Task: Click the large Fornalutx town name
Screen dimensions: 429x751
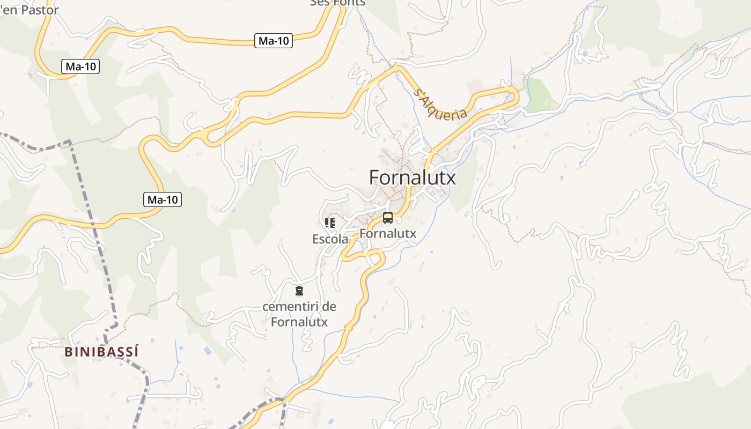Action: (413, 177)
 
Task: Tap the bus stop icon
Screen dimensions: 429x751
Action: (387, 218)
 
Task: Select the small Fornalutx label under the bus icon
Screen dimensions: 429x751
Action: (387, 234)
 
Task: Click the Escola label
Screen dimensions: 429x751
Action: (330, 239)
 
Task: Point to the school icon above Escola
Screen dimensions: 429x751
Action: (330, 223)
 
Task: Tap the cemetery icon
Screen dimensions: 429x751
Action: (299, 291)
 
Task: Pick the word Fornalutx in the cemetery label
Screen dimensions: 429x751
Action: (299, 322)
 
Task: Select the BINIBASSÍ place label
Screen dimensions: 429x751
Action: (101, 352)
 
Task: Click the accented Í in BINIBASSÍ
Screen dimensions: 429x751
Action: (136, 352)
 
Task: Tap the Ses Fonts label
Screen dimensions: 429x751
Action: (338, 3)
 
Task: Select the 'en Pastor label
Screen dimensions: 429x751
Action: (30, 10)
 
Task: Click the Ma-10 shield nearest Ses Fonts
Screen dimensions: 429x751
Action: (274, 41)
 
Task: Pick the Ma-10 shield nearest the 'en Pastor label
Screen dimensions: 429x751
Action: (80, 66)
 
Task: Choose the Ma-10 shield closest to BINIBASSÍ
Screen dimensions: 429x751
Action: (163, 200)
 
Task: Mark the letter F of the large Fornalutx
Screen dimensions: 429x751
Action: (375, 177)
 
